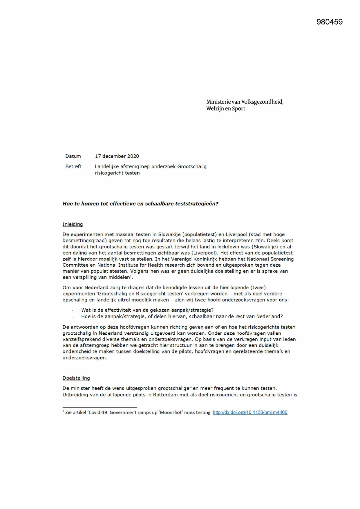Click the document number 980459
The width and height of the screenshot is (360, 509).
pos(330,22)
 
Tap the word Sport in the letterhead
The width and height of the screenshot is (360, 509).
pos(238,109)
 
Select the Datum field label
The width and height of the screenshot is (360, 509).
pos(73,156)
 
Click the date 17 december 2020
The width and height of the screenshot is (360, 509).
pos(117,156)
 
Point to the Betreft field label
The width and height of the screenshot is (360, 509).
pos(73,167)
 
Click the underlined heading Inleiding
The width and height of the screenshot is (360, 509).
pos(73,224)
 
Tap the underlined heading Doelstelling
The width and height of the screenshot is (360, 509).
pos(76,378)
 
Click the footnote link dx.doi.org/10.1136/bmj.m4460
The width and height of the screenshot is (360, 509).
pos(250,412)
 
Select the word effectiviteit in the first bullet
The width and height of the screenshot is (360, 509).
pos(118,310)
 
